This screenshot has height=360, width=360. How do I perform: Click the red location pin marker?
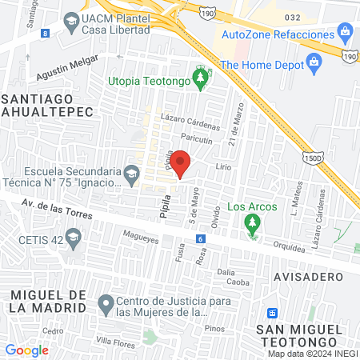click(x=182, y=164)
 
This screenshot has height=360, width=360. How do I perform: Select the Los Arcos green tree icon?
click(x=253, y=222)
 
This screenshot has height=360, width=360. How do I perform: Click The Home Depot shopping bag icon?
click(x=313, y=63)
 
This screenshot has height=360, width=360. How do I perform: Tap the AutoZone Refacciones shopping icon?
click(x=346, y=34)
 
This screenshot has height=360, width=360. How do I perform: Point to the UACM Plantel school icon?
click(x=71, y=20)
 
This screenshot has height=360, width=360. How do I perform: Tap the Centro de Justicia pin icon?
click(x=106, y=303)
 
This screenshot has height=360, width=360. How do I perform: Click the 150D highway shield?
click(x=312, y=159)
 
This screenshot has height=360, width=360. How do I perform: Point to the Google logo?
click(x=26, y=350)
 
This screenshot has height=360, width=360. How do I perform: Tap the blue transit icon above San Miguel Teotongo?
click(x=273, y=312)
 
